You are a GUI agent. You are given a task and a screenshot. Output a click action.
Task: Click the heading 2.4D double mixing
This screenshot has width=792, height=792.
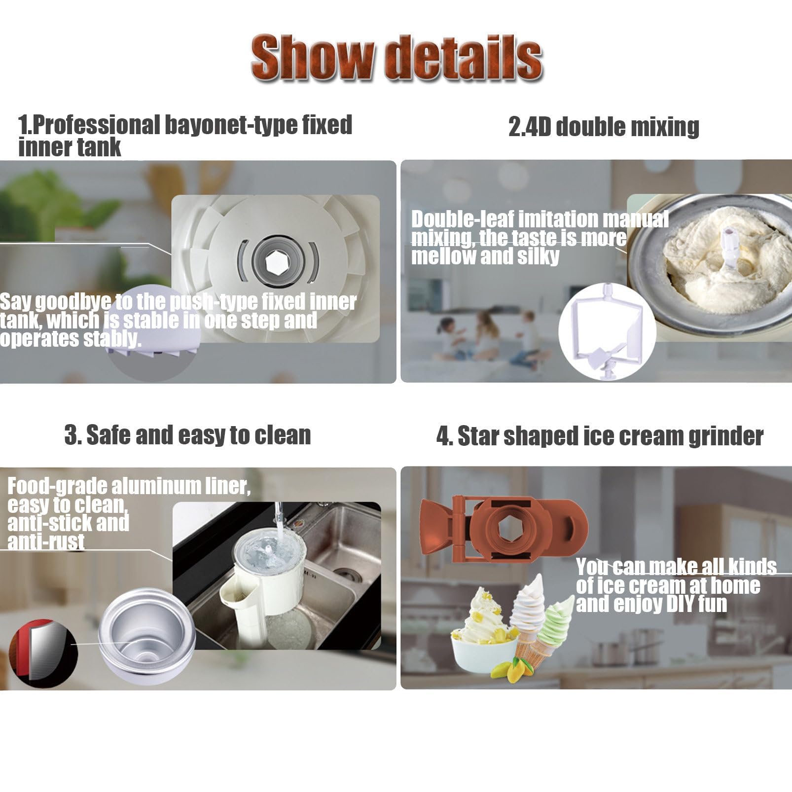[604, 127]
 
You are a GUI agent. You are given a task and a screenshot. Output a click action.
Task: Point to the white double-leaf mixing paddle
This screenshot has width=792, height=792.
[606, 329]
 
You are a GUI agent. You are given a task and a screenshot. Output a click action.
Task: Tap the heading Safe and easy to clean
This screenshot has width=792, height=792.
[187, 435]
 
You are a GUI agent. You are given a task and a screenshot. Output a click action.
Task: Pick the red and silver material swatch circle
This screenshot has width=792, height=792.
[43, 650]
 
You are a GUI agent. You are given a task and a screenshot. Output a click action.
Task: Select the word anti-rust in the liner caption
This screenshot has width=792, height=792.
[46, 542]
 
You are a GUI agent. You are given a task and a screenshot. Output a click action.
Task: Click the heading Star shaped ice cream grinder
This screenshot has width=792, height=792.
[600, 436]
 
